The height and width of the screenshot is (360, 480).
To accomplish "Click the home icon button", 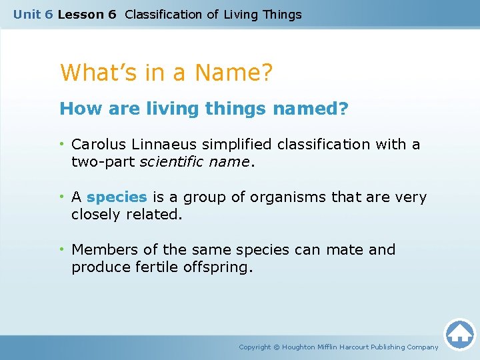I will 459,333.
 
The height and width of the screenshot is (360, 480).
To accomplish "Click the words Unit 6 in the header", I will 33,14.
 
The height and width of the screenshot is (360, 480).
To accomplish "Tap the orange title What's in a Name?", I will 166,72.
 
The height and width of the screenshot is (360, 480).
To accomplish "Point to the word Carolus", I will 97,144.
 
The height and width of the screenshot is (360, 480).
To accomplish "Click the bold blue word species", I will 117,197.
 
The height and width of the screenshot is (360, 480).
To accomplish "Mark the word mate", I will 345,250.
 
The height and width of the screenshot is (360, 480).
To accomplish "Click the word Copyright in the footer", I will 255,347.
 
